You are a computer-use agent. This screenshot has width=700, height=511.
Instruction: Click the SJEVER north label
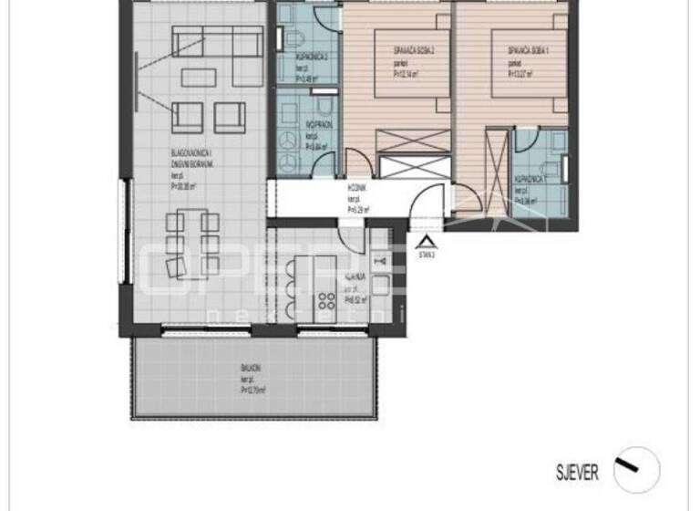[x=578, y=472]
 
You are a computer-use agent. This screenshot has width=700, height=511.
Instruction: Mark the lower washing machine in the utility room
[x=288, y=162]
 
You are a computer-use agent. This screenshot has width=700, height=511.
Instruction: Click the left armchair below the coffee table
[x=188, y=115]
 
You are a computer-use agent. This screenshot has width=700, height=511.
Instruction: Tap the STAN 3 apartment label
[x=427, y=256]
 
